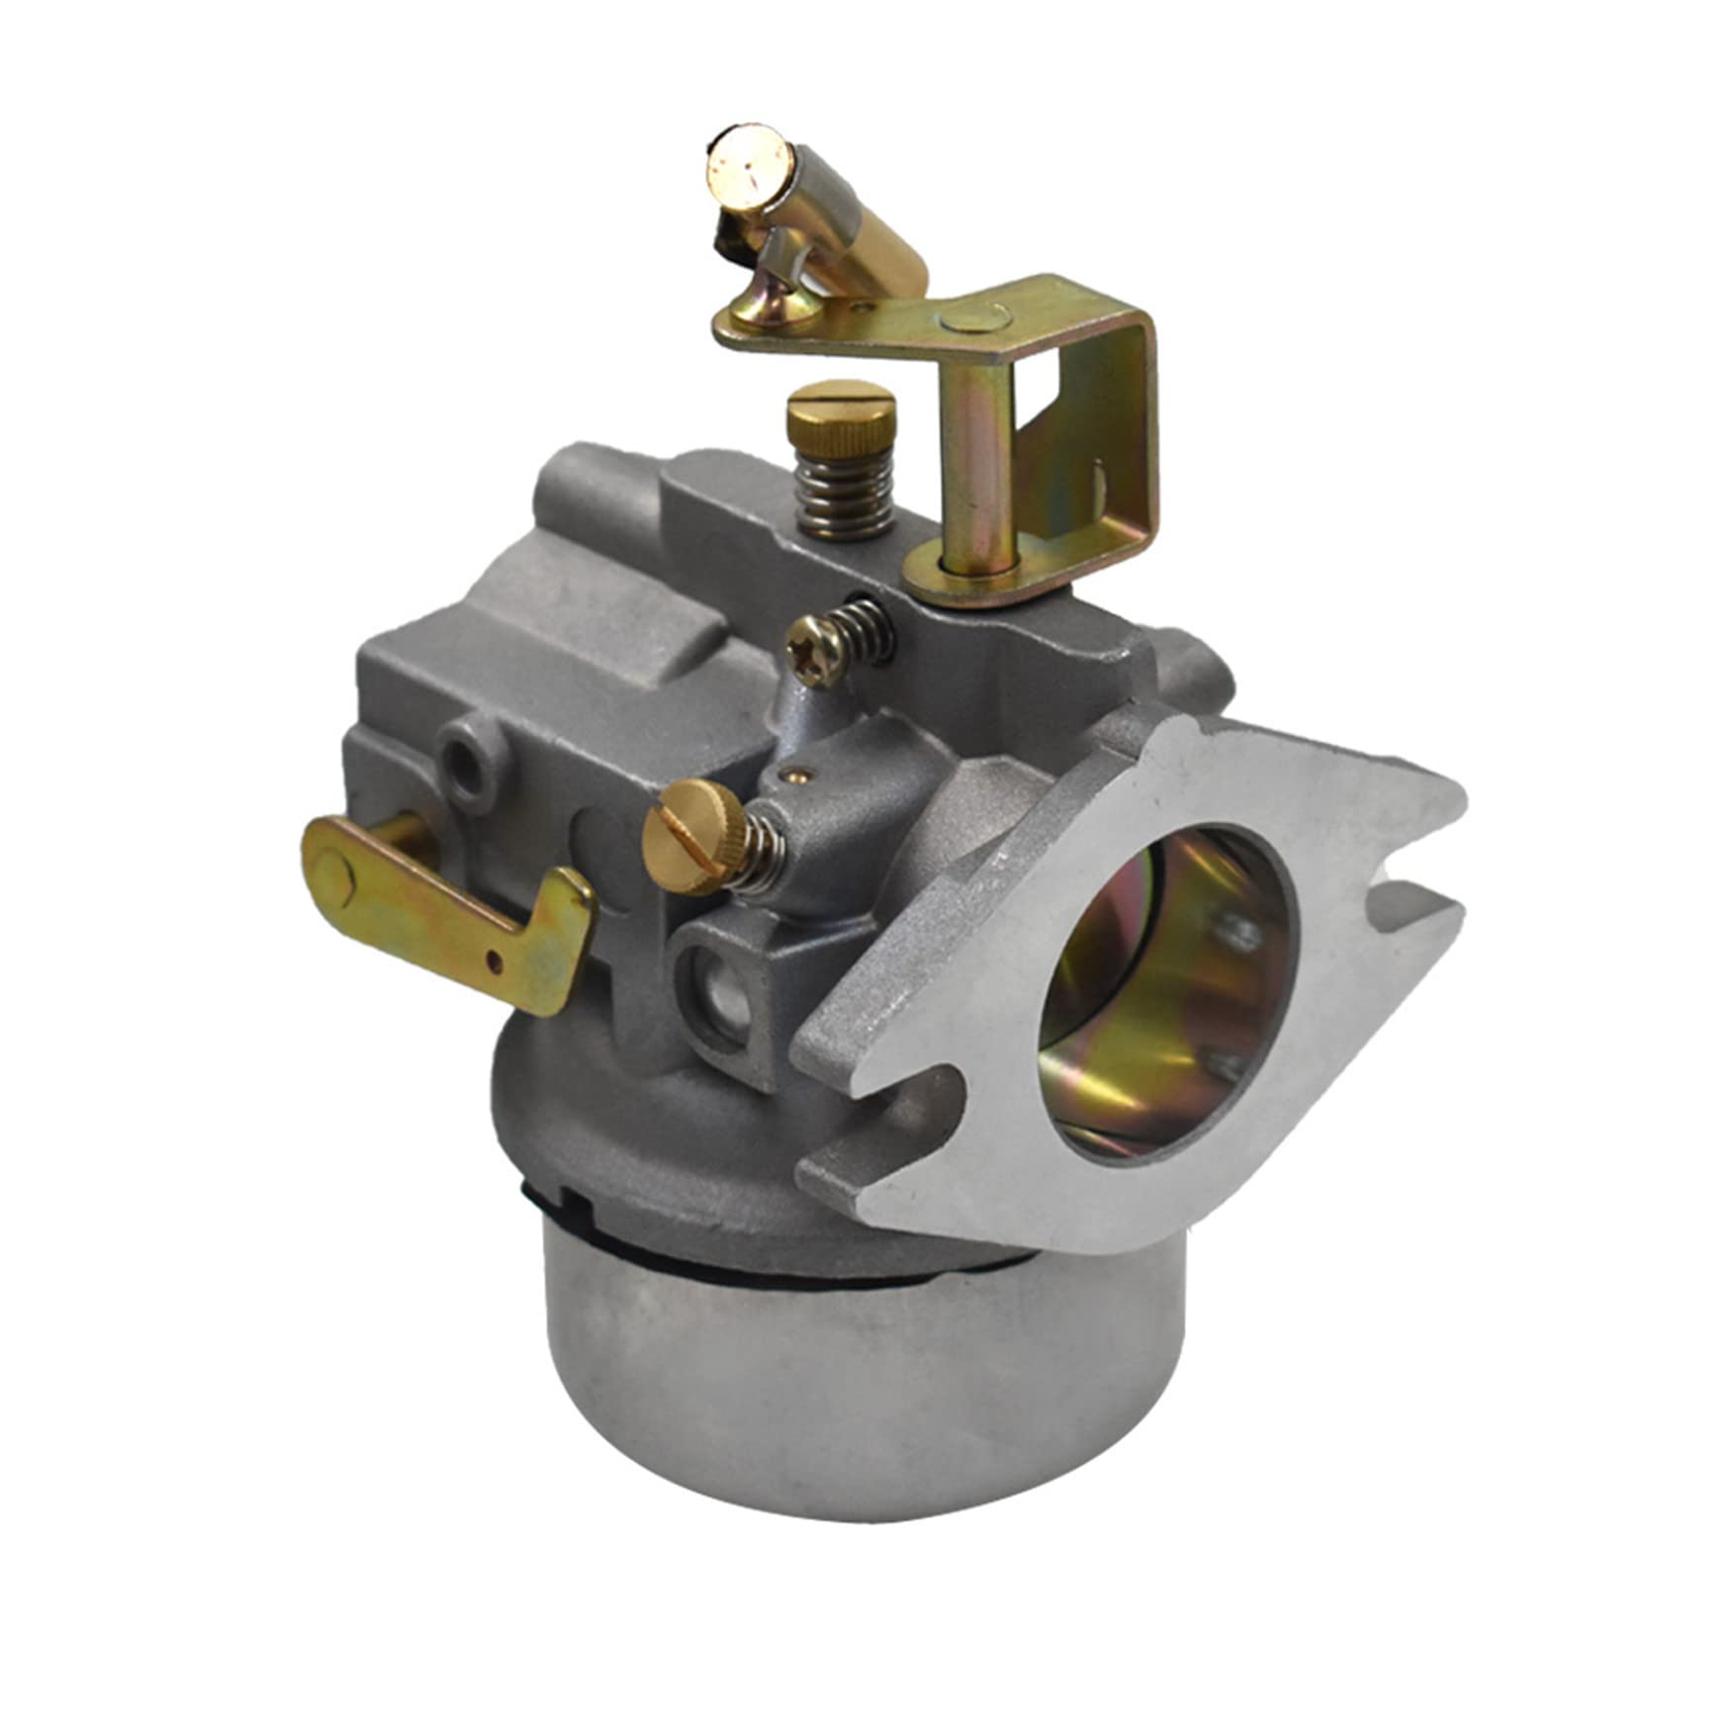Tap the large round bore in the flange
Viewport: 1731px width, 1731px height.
pos(1167,989)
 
